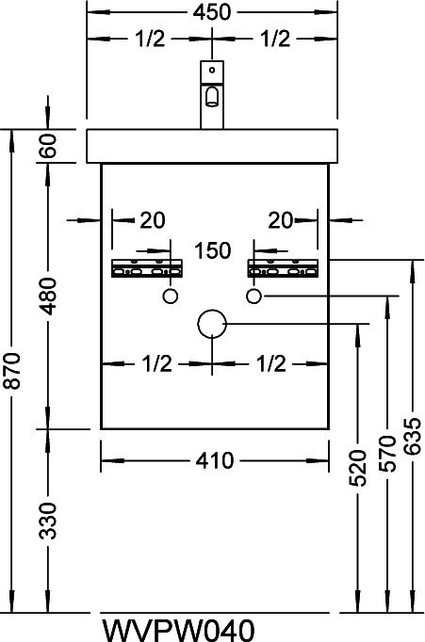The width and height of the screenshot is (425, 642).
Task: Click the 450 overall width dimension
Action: pyautogui.click(x=212, y=12)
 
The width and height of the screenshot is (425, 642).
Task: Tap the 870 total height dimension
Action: pyautogui.click(x=11, y=371)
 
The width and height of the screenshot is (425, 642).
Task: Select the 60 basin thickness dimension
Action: pyautogui.click(x=48, y=146)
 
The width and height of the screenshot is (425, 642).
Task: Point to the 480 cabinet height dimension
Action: pyautogui.click(x=48, y=296)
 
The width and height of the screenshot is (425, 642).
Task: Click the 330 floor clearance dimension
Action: pyautogui.click(x=47, y=521)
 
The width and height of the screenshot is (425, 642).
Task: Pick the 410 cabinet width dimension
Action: pyautogui.click(x=215, y=460)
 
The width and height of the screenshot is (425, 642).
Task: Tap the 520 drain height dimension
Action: pyautogui.click(x=358, y=468)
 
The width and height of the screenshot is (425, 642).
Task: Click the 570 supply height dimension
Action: pyautogui.click(x=387, y=453)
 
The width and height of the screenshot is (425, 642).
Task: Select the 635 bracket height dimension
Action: pyautogui.click(x=413, y=436)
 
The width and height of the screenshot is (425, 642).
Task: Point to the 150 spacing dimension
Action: pyautogui.click(x=213, y=250)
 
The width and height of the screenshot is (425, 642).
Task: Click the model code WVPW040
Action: pyautogui.click(x=178, y=631)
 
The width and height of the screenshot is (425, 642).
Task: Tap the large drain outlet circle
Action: pyautogui.click(x=212, y=324)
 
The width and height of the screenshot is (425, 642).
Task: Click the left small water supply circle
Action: pyautogui.click(x=170, y=296)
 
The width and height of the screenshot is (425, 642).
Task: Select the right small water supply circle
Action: pyautogui.click(x=253, y=296)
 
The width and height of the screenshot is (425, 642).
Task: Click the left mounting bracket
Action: pyautogui.click(x=147, y=268)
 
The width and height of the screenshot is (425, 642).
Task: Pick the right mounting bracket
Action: pyautogui.click(x=283, y=268)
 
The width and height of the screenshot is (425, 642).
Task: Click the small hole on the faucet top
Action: pyautogui.click(x=212, y=70)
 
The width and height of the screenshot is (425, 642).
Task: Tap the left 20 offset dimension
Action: pyautogui.click(x=153, y=220)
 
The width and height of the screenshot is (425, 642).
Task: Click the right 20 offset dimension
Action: pyautogui.click(x=281, y=220)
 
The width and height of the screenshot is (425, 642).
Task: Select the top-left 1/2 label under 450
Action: pyautogui.click(x=150, y=39)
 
